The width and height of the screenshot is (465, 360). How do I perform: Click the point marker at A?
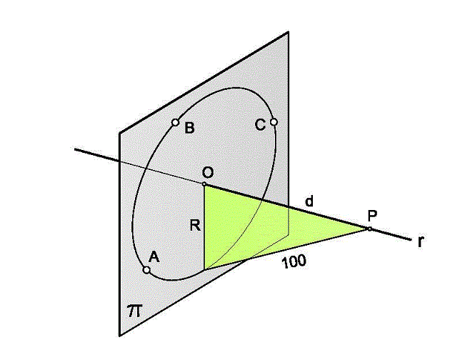tap(146, 270)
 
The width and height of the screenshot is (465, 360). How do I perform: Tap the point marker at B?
tap(175, 122)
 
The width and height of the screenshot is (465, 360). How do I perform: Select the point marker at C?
tap(274, 121)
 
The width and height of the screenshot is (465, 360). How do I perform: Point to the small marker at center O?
tap(204, 184)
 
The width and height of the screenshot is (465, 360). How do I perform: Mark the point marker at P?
tap(369, 229)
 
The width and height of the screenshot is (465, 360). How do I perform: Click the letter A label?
tap(154, 257)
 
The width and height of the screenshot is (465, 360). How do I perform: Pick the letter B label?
tap(189, 129)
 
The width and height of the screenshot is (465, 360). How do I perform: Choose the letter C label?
tap(260, 125)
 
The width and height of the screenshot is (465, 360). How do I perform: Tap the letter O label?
tap(207, 172)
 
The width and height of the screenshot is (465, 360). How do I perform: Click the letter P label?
tap(372, 216)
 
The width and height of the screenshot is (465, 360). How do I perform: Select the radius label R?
tap(195, 226)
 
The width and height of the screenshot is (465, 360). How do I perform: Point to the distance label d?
tap(309, 201)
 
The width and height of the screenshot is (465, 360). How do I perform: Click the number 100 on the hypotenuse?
tap(294, 262)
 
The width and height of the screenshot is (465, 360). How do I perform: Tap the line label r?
tap(420, 242)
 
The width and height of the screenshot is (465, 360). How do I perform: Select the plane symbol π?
tap(135, 311)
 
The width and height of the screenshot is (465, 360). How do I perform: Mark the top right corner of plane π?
tap(289, 31)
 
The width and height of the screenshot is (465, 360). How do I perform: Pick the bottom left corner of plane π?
tap(119, 336)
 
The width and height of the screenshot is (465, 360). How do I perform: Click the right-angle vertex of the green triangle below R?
tap(204, 270)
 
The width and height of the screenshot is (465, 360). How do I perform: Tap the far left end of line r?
tap(75, 149)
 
